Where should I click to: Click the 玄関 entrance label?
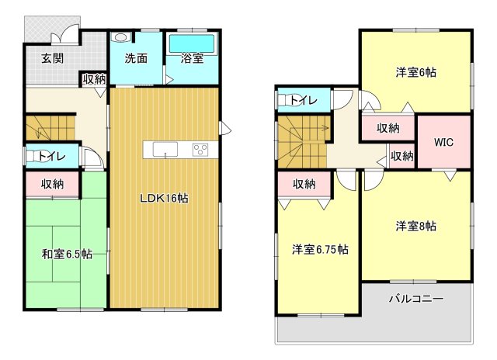point(53,58)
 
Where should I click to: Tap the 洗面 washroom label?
point(137,58)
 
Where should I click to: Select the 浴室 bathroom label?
point(192,58)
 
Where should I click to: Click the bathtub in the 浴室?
point(191,40)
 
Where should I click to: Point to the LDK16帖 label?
point(164,198)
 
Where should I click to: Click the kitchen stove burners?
point(200,150)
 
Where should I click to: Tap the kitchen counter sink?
point(165,150)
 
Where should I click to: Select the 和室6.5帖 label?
point(67,254)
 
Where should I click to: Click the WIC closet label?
point(443,142)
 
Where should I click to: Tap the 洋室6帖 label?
point(415,73)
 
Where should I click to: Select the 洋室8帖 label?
point(415,226)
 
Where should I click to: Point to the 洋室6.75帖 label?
point(319,249)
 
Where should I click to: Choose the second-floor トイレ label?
point(303,100)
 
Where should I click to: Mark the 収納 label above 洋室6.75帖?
point(304,184)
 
